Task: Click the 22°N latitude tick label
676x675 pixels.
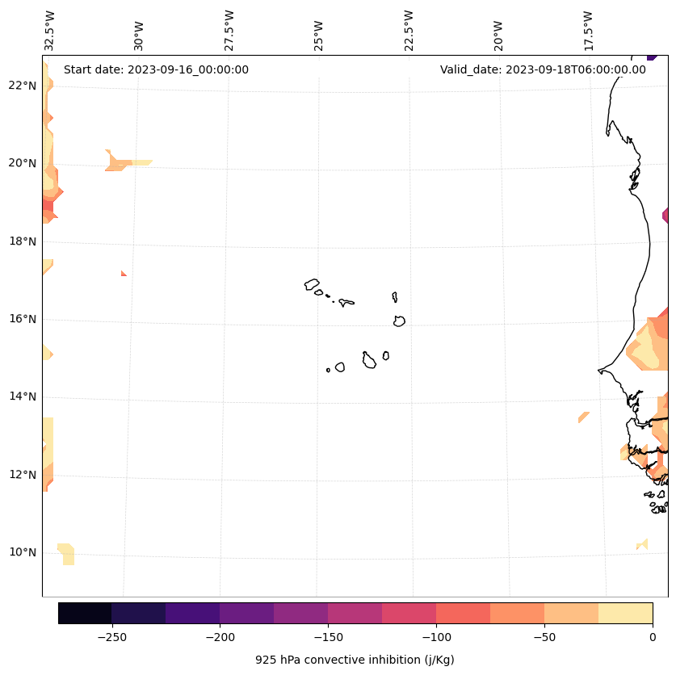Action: tap(23, 86)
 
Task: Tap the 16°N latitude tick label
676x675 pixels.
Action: tap(23, 319)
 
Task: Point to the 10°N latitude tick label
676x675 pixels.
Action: tap(23, 552)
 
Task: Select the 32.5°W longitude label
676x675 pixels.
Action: tap(50, 31)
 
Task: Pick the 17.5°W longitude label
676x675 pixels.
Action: tap(588, 31)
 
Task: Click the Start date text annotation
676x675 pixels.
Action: tap(156, 69)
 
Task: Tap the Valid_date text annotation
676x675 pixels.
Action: tap(543, 69)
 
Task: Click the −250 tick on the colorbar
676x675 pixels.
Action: tap(111, 637)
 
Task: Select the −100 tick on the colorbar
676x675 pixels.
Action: tap(436, 637)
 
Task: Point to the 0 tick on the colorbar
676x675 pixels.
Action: tap(652, 637)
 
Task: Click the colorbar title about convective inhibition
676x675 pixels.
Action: tap(355, 660)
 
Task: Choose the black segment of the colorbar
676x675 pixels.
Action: tap(85, 613)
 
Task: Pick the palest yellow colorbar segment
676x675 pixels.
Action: tap(625, 613)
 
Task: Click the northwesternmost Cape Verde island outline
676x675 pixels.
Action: tap(312, 284)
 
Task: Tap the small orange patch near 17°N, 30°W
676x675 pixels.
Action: tap(124, 274)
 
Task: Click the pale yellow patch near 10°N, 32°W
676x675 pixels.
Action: tap(66, 553)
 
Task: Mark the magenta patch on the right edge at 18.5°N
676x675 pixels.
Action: tap(666, 216)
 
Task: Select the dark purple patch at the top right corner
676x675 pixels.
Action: tap(652, 57)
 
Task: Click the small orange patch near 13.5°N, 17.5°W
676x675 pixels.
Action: tap(583, 417)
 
